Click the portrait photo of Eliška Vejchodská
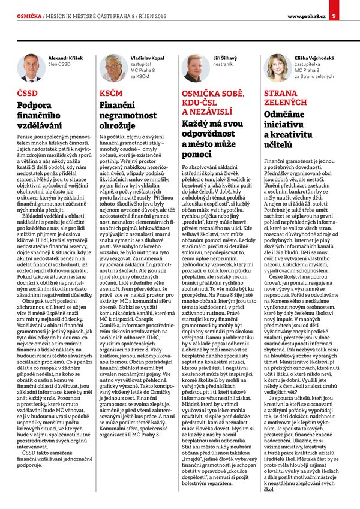[277, 67]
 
